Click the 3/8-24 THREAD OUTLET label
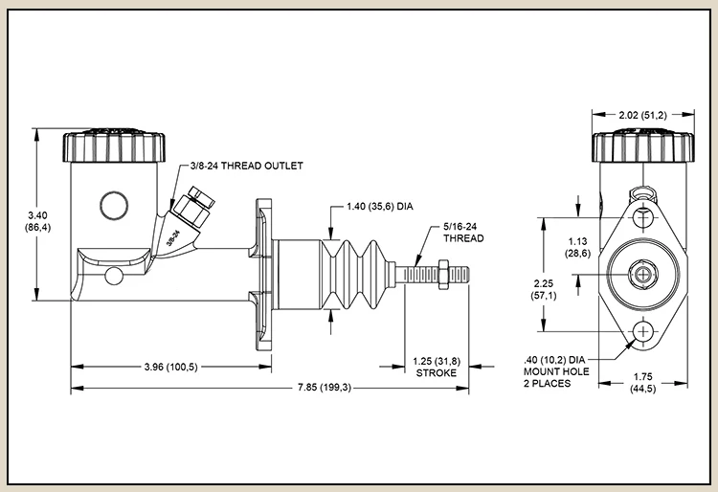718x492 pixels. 246,166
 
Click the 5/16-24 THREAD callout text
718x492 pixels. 463,233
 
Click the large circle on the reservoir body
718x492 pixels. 114,205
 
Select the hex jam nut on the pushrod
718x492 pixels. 443,275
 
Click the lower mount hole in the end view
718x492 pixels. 643,331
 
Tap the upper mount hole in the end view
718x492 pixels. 643,218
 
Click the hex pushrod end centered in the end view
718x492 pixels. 643,275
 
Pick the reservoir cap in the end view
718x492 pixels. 643,145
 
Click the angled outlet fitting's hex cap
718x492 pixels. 201,194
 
